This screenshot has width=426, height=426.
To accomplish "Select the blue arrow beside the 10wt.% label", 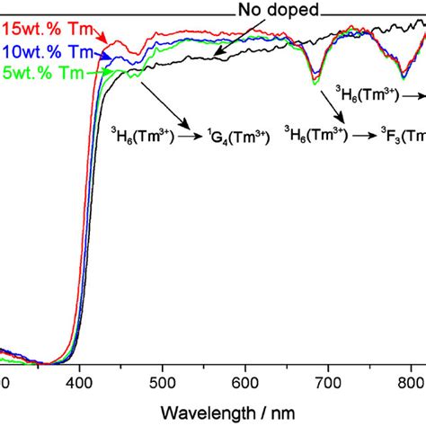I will [103, 56].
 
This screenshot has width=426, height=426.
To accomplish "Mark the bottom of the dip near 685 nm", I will [315, 82].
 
